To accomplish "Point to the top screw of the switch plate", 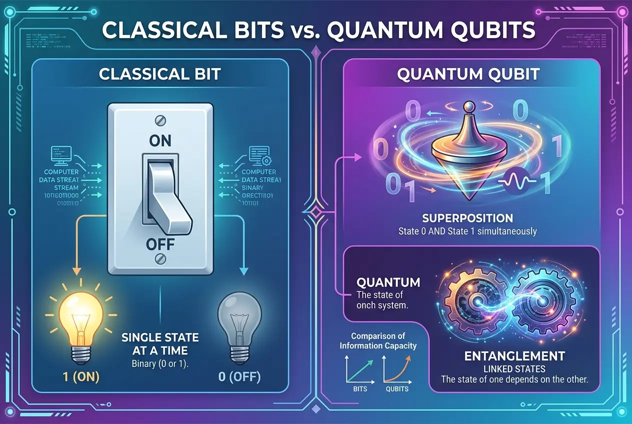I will point(160,120).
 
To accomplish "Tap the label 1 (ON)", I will point(75,376).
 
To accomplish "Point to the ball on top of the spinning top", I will point(468,107).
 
